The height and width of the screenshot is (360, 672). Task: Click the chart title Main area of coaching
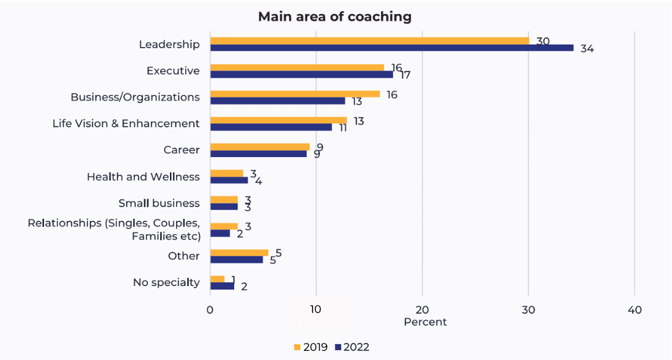pyautogui.click(x=334, y=17)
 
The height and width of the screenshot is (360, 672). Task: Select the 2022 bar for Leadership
pyautogui.click(x=391, y=48)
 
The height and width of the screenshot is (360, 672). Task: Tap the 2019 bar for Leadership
pyautogui.click(x=369, y=41)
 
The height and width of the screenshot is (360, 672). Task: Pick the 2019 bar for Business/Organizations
pyautogui.click(x=295, y=94)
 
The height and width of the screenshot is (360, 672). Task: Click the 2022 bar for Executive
pyautogui.click(x=301, y=75)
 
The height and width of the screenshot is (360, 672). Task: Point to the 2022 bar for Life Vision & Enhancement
pyautogui.click(x=271, y=127)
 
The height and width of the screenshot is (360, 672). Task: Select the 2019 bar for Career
pyautogui.click(x=260, y=147)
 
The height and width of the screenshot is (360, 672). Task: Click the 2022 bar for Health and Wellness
pyautogui.click(x=229, y=180)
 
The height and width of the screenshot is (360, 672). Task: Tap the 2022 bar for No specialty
pyautogui.click(x=222, y=286)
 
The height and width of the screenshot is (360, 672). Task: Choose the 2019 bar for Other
pyautogui.click(x=239, y=252)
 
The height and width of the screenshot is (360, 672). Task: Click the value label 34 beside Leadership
pyautogui.click(x=587, y=49)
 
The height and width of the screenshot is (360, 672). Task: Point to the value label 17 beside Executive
pyautogui.click(x=404, y=76)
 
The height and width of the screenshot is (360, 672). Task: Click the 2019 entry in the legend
pyautogui.click(x=311, y=347)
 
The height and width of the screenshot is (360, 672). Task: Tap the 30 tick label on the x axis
pyautogui.click(x=528, y=310)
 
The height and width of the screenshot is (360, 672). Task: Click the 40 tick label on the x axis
pyautogui.click(x=634, y=310)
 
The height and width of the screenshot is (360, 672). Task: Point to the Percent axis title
pyautogui.click(x=425, y=322)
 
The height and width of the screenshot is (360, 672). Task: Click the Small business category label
pyautogui.click(x=159, y=203)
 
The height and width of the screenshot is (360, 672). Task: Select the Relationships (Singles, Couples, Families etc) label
pyautogui.click(x=114, y=229)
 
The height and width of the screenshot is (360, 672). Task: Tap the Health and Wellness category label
pyautogui.click(x=143, y=177)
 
